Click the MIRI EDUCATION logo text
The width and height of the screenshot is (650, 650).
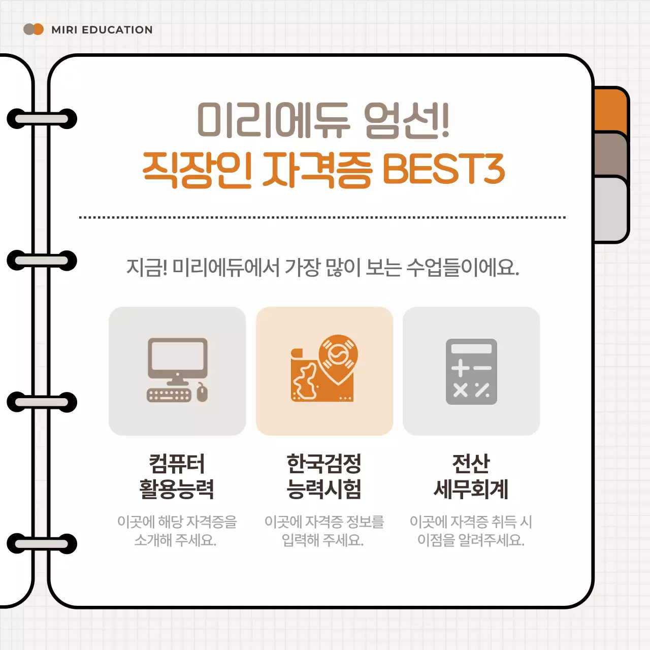102,30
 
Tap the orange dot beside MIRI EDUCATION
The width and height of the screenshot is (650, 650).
39,29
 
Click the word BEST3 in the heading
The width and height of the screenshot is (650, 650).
443,169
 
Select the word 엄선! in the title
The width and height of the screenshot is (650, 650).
406,120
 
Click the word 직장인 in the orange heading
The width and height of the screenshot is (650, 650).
197,169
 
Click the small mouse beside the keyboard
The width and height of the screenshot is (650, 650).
202,393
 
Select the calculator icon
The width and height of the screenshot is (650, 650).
471,371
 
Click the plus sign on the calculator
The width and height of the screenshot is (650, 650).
460,368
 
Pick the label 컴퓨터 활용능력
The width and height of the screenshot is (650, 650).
177,476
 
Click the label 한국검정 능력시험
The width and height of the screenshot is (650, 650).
324,476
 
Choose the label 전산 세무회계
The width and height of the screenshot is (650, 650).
471,476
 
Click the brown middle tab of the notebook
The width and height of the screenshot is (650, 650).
611,155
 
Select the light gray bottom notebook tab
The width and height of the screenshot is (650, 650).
611,209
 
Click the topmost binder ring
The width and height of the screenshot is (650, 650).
42,119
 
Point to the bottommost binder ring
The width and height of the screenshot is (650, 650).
42,544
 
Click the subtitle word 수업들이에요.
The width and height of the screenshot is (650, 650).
463,267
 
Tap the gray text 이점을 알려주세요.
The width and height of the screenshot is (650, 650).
471,540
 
